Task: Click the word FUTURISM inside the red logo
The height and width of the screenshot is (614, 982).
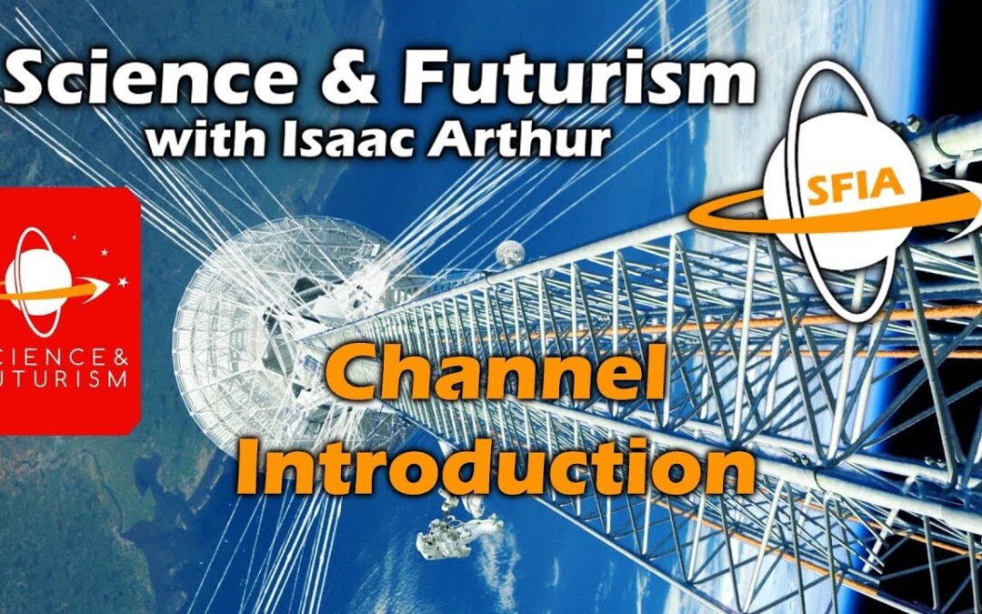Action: point(64,377)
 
